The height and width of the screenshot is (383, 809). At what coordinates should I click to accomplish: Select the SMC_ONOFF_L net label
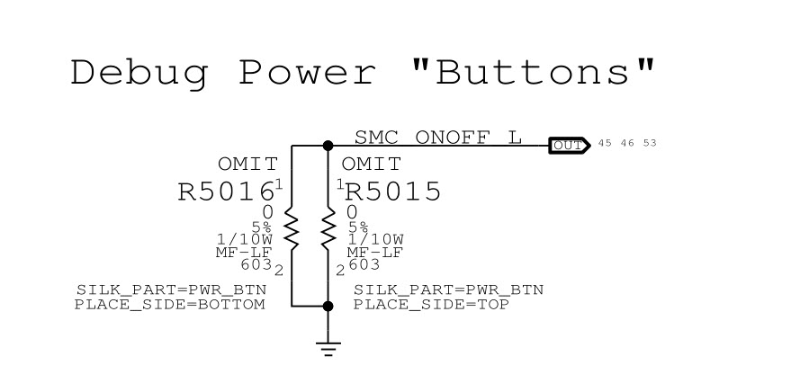[437, 138]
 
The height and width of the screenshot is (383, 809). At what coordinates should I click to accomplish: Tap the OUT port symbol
[569, 145]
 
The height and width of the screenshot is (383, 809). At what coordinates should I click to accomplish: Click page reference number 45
[605, 144]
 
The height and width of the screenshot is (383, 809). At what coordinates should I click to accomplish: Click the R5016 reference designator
[225, 192]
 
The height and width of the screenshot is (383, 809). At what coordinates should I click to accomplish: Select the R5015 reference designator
[393, 192]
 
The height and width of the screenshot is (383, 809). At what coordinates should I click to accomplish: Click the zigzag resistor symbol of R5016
[292, 229]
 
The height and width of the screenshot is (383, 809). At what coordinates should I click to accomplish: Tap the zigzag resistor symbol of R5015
[328, 229]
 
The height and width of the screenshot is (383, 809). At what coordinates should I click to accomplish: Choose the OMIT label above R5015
[372, 165]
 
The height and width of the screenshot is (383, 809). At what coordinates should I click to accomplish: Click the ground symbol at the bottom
[328, 349]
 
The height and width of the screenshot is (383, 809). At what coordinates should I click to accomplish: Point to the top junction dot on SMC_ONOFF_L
[328, 145]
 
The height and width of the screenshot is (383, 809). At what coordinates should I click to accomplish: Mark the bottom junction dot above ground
[328, 307]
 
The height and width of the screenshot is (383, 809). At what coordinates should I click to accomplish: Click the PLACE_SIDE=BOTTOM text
[170, 305]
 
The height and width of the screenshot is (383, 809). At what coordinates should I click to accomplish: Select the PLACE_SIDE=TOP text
[431, 305]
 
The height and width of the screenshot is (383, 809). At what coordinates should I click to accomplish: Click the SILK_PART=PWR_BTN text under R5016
[170, 290]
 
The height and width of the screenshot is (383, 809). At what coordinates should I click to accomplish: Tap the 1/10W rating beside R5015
[375, 239]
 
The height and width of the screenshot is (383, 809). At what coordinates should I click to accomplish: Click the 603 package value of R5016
[256, 265]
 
